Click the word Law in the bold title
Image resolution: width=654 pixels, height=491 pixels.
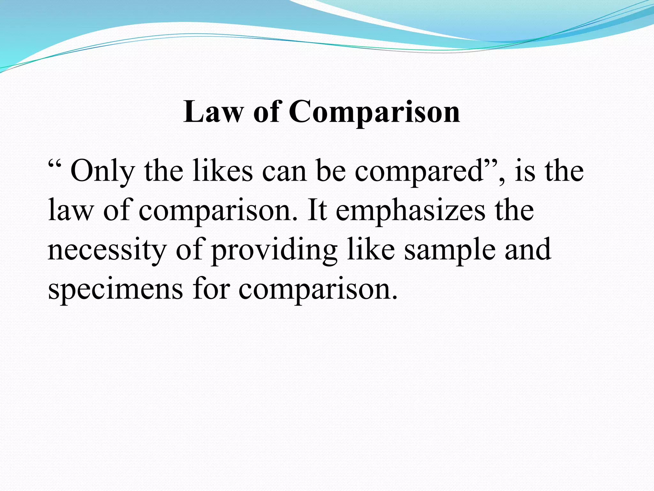[213, 112]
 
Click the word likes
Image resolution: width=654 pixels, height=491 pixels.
[223, 171]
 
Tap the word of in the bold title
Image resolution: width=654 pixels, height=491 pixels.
[267, 112]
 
